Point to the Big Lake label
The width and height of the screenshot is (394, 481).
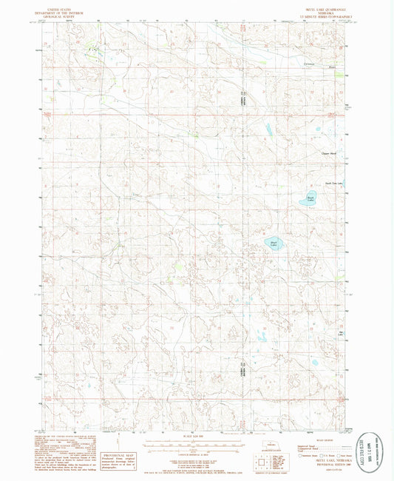coord(340,333)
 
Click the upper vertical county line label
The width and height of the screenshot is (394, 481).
coord(242,97)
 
